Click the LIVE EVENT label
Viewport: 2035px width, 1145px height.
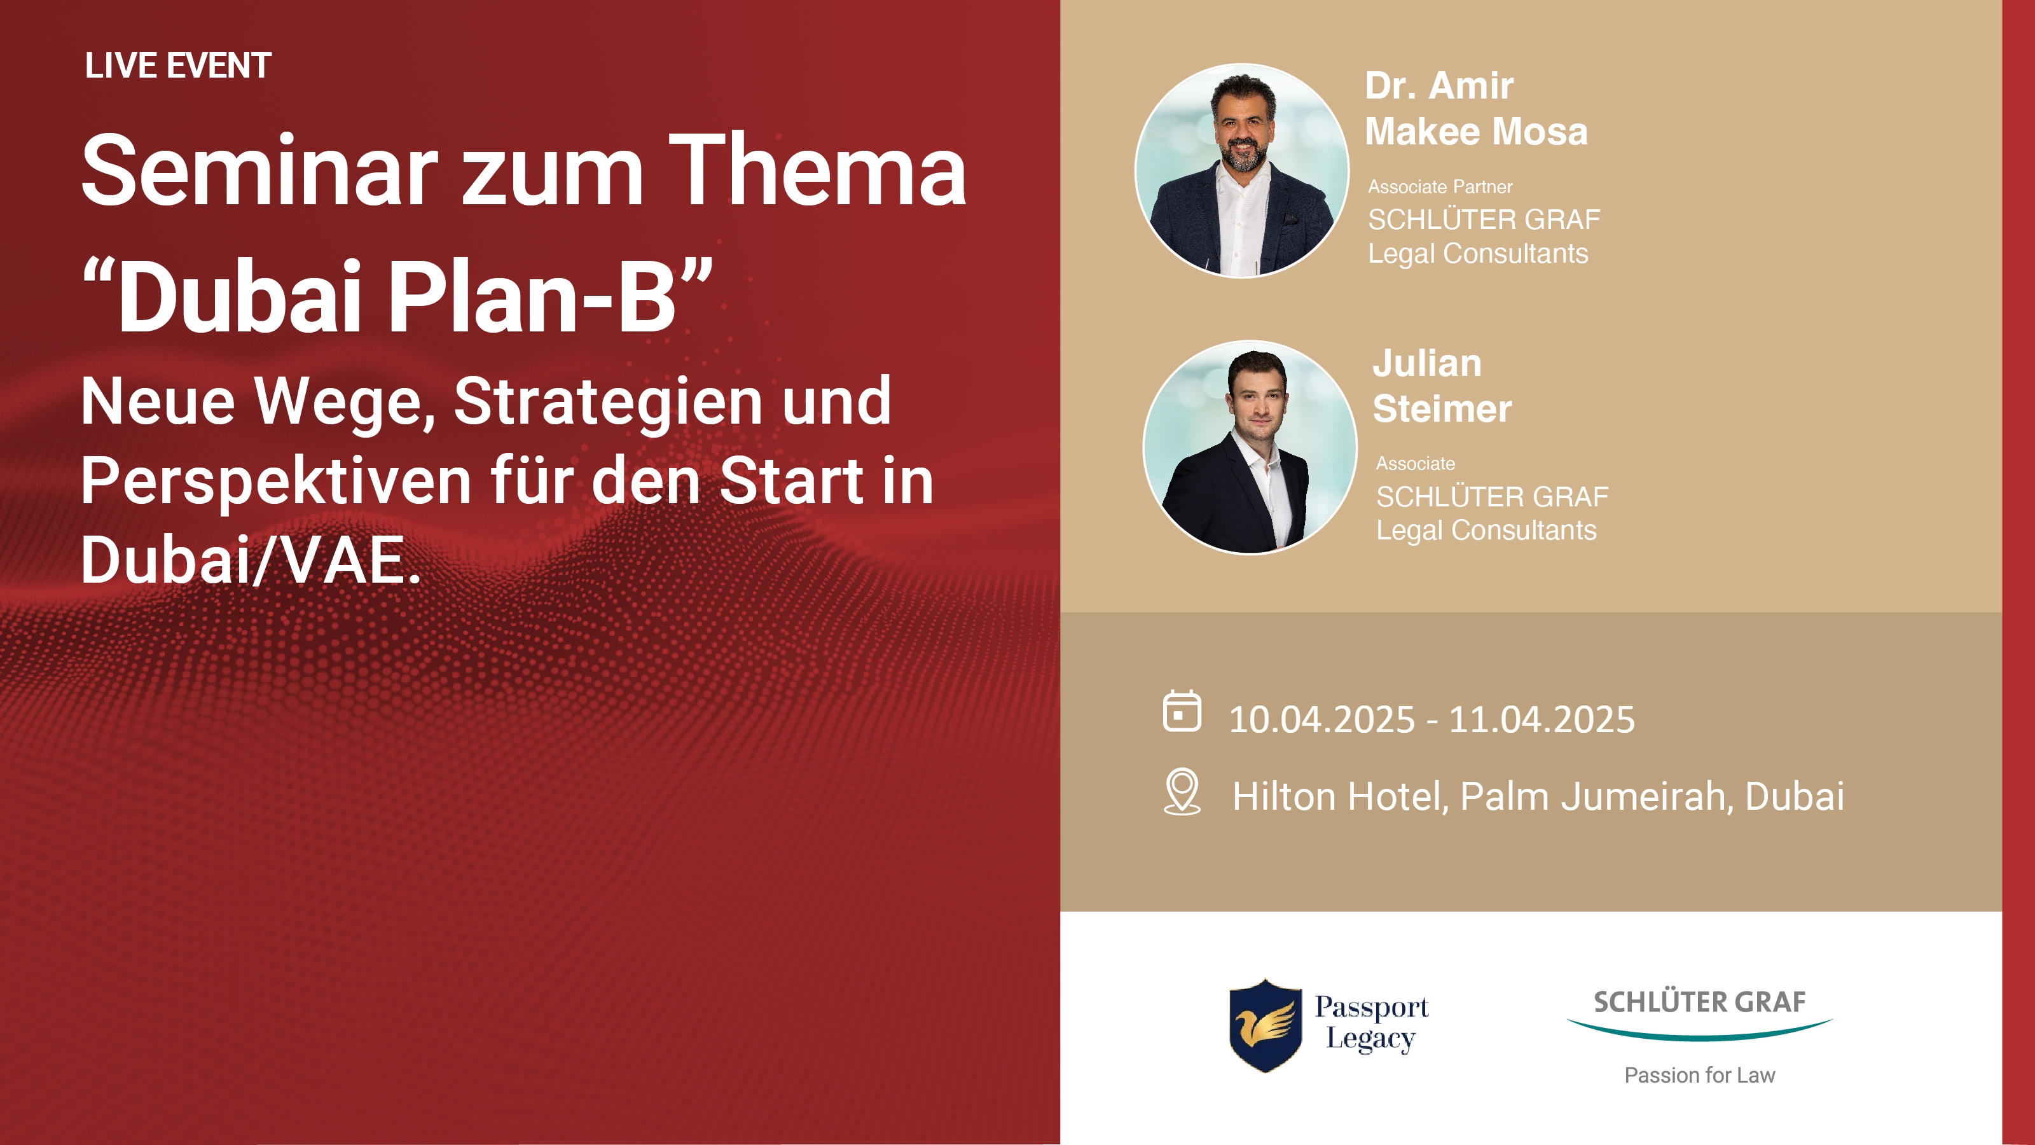pos(178,66)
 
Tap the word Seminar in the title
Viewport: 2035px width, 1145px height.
pos(259,170)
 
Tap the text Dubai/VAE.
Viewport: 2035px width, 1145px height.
pos(251,560)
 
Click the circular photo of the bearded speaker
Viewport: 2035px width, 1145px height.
pos(1242,170)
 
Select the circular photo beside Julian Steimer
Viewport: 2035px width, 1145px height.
pos(1250,447)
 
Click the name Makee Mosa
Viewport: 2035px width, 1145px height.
pos(1475,131)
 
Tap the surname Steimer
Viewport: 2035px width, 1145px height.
pos(1442,408)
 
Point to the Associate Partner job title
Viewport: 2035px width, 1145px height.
pos(1440,187)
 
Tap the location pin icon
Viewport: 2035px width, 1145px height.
pos(1182,792)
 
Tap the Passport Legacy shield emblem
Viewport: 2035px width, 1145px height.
pos(1266,1025)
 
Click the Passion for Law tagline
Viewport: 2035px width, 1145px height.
pos(1699,1076)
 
